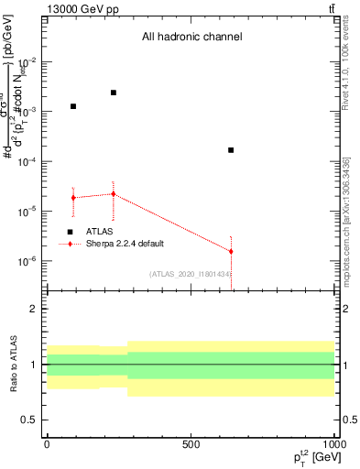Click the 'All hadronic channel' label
coord(191,38)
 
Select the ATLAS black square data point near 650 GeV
coord(231,149)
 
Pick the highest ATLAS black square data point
coord(114,93)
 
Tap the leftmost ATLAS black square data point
coord(73,106)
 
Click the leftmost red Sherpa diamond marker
coord(73,198)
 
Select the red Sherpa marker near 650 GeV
coord(231,251)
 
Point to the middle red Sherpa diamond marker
coord(114,193)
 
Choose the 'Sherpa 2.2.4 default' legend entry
coord(125,244)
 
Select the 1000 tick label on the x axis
coord(333,442)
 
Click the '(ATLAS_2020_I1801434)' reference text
coord(190,274)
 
